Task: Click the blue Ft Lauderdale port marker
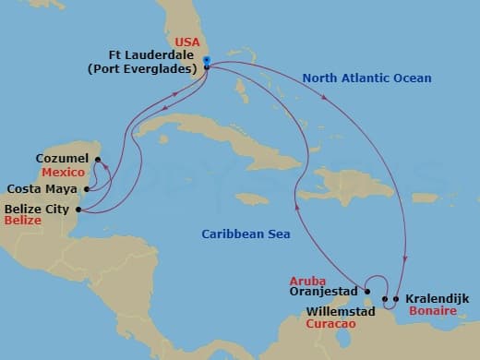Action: pos(207,63)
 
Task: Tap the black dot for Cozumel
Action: pos(97,159)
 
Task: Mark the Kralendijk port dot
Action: pos(395,299)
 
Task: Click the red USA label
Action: pos(187,42)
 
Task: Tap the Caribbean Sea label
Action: pos(246,234)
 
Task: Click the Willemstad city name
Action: pos(341,312)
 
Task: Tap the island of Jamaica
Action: pos(251,198)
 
